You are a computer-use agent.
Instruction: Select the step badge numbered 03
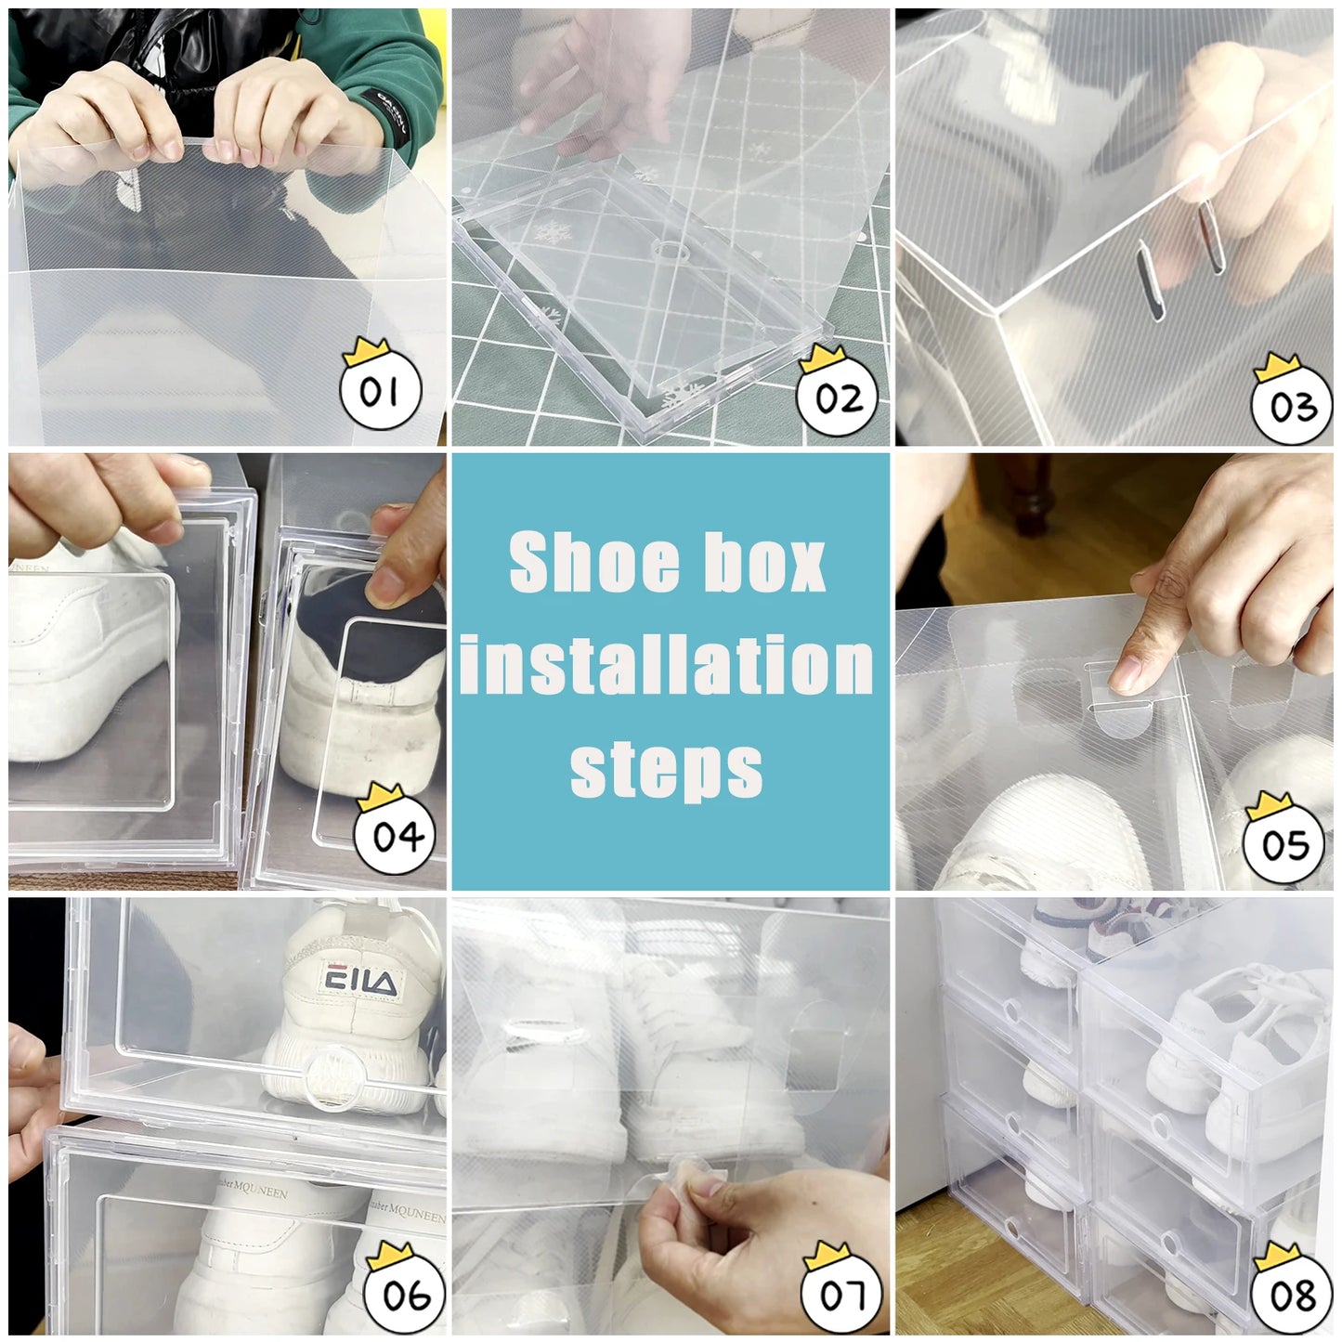(1292, 406)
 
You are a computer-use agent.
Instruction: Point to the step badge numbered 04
(397, 835)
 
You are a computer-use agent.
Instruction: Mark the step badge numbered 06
(406, 1293)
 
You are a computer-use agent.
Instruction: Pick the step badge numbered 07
(841, 1293)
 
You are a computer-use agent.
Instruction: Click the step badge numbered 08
(1292, 1293)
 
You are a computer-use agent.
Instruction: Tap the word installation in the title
(667, 665)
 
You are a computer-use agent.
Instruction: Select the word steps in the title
(666, 769)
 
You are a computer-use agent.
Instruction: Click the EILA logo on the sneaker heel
(359, 982)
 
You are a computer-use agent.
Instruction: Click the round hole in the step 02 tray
(665, 251)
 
